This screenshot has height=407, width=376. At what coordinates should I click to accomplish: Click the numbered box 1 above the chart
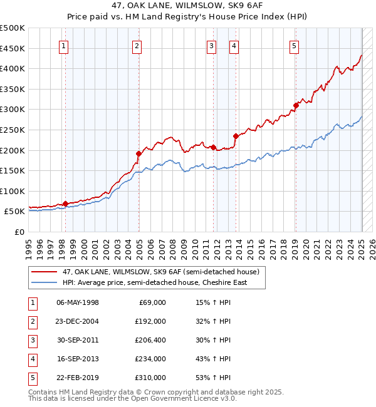coord(65,45)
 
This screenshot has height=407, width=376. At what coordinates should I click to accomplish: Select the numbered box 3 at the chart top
coord(212,45)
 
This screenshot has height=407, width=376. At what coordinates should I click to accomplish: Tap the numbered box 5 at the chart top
coord(294,45)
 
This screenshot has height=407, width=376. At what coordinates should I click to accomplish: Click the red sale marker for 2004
coord(138,153)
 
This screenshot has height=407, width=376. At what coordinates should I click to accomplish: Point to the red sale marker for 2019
coord(296,105)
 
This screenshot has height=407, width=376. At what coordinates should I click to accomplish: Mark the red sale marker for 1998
coord(65,203)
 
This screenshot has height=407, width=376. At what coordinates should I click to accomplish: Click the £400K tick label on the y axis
coord(13,68)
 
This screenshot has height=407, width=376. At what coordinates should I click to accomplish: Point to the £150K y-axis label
coord(13,170)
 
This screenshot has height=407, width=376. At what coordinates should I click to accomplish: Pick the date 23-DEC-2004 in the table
coord(78,321)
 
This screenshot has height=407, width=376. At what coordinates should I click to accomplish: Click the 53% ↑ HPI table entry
coord(213,378)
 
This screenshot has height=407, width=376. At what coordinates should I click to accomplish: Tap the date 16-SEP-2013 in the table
coord(78,359)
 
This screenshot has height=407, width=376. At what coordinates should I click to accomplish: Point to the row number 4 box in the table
coord(32,359)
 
